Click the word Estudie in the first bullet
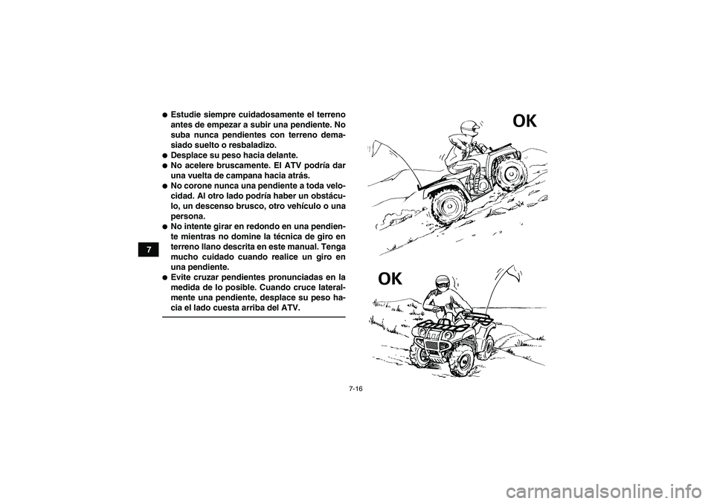189,116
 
